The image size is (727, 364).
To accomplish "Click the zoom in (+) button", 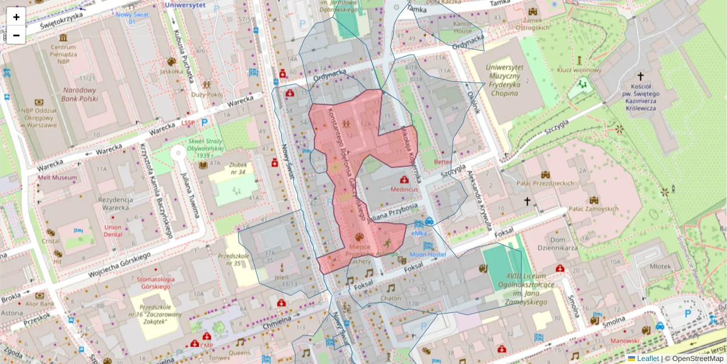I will (x=16, y=17).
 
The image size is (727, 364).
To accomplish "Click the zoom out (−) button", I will (x=16, y=35).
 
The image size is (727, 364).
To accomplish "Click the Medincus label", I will (x=404, y=189).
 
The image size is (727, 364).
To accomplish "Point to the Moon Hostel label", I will (x=428, y=255).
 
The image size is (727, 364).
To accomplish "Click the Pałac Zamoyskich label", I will (x=594, y=208).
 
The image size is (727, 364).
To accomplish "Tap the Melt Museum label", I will (x=57, y=178).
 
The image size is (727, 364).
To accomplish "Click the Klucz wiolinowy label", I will (x=579, y=70).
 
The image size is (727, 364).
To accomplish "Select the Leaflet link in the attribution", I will (x=648, y=359).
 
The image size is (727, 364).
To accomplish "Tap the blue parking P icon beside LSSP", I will (x=204, y=122).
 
